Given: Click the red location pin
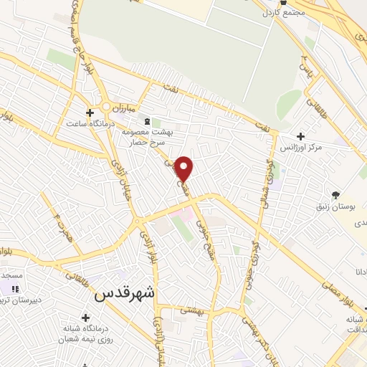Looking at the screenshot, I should [184, 168].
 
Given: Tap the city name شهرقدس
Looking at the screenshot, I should [124, 292].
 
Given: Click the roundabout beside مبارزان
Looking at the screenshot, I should [107, 108].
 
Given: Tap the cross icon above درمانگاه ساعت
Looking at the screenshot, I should [89, 113].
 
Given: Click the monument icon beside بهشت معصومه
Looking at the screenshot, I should [148, 122].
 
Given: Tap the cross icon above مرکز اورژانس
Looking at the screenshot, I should [300, 136].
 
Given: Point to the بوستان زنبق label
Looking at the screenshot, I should [335, 206].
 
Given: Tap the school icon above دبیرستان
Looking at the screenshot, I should [15, 288].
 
